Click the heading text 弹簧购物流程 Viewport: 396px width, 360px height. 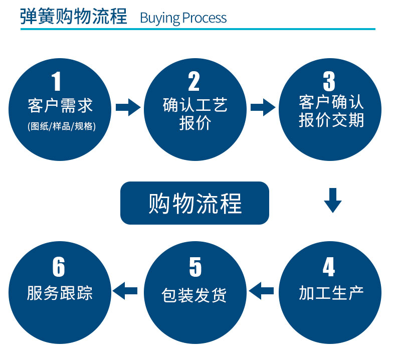pos(74,17)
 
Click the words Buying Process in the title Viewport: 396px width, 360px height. pos(183,18)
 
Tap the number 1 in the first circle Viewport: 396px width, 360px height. pos(56,81)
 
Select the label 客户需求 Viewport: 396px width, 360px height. pos(60,106)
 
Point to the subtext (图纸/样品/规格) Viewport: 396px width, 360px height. pos(62,126)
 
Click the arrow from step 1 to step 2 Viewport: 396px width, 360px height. pos(128,107)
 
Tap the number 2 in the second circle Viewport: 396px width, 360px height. pos(194,81)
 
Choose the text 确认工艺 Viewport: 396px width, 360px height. pos(195,105)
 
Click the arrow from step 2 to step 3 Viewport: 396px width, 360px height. pos(263,107)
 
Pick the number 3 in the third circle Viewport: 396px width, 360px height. pos(329,81)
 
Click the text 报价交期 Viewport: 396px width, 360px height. pos(331,120)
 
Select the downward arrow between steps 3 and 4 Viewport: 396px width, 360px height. pos(333,201)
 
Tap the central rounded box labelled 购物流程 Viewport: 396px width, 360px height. pos(194,203)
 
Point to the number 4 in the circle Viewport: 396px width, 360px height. pos(329,267)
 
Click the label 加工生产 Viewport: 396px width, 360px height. pos(331,293)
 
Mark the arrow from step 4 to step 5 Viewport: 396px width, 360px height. pos(261,291)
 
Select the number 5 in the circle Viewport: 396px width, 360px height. pos(195,267)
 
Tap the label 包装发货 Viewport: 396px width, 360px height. pos(194,295)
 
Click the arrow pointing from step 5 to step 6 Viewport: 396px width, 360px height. pos(125,291)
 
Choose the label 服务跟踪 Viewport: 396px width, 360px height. pos(60,293)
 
